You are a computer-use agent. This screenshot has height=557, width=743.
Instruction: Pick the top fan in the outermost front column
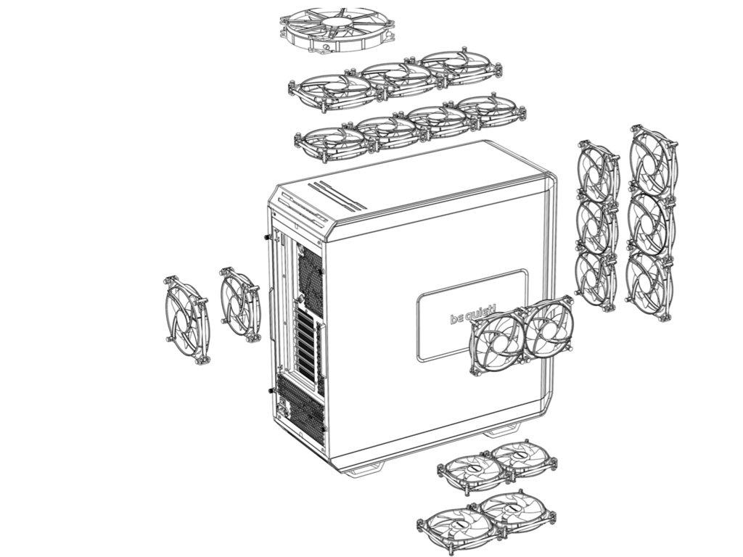coord(653,161)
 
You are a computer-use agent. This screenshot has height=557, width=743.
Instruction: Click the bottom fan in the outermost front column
coord(649,284)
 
